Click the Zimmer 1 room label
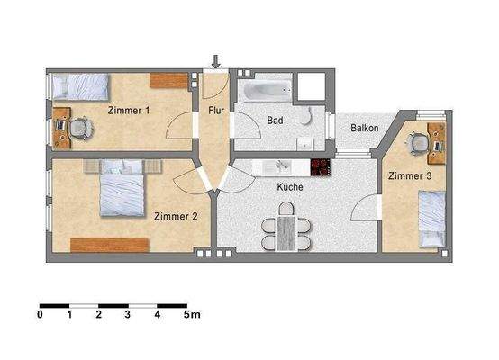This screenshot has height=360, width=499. pos(129,111)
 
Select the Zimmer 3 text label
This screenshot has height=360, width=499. pos(410,176)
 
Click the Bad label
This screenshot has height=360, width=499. pos(276,119)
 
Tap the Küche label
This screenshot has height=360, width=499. pos(290,188)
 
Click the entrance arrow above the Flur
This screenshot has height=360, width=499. pos(216,62)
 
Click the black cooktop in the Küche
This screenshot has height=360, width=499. pos(321,167)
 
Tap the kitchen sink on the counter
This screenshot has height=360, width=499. pos(281,166)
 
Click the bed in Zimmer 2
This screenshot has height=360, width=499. pos(118,189)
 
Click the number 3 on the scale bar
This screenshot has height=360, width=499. pos(128,316)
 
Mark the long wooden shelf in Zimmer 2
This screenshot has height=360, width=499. pos(110,244)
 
